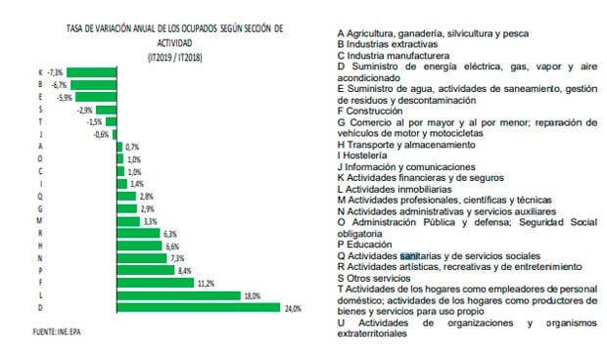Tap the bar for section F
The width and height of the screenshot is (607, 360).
(x=157, y=282)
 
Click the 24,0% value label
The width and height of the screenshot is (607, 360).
(x=293, y=307)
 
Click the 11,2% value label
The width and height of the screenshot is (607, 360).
(x=206, y=282)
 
